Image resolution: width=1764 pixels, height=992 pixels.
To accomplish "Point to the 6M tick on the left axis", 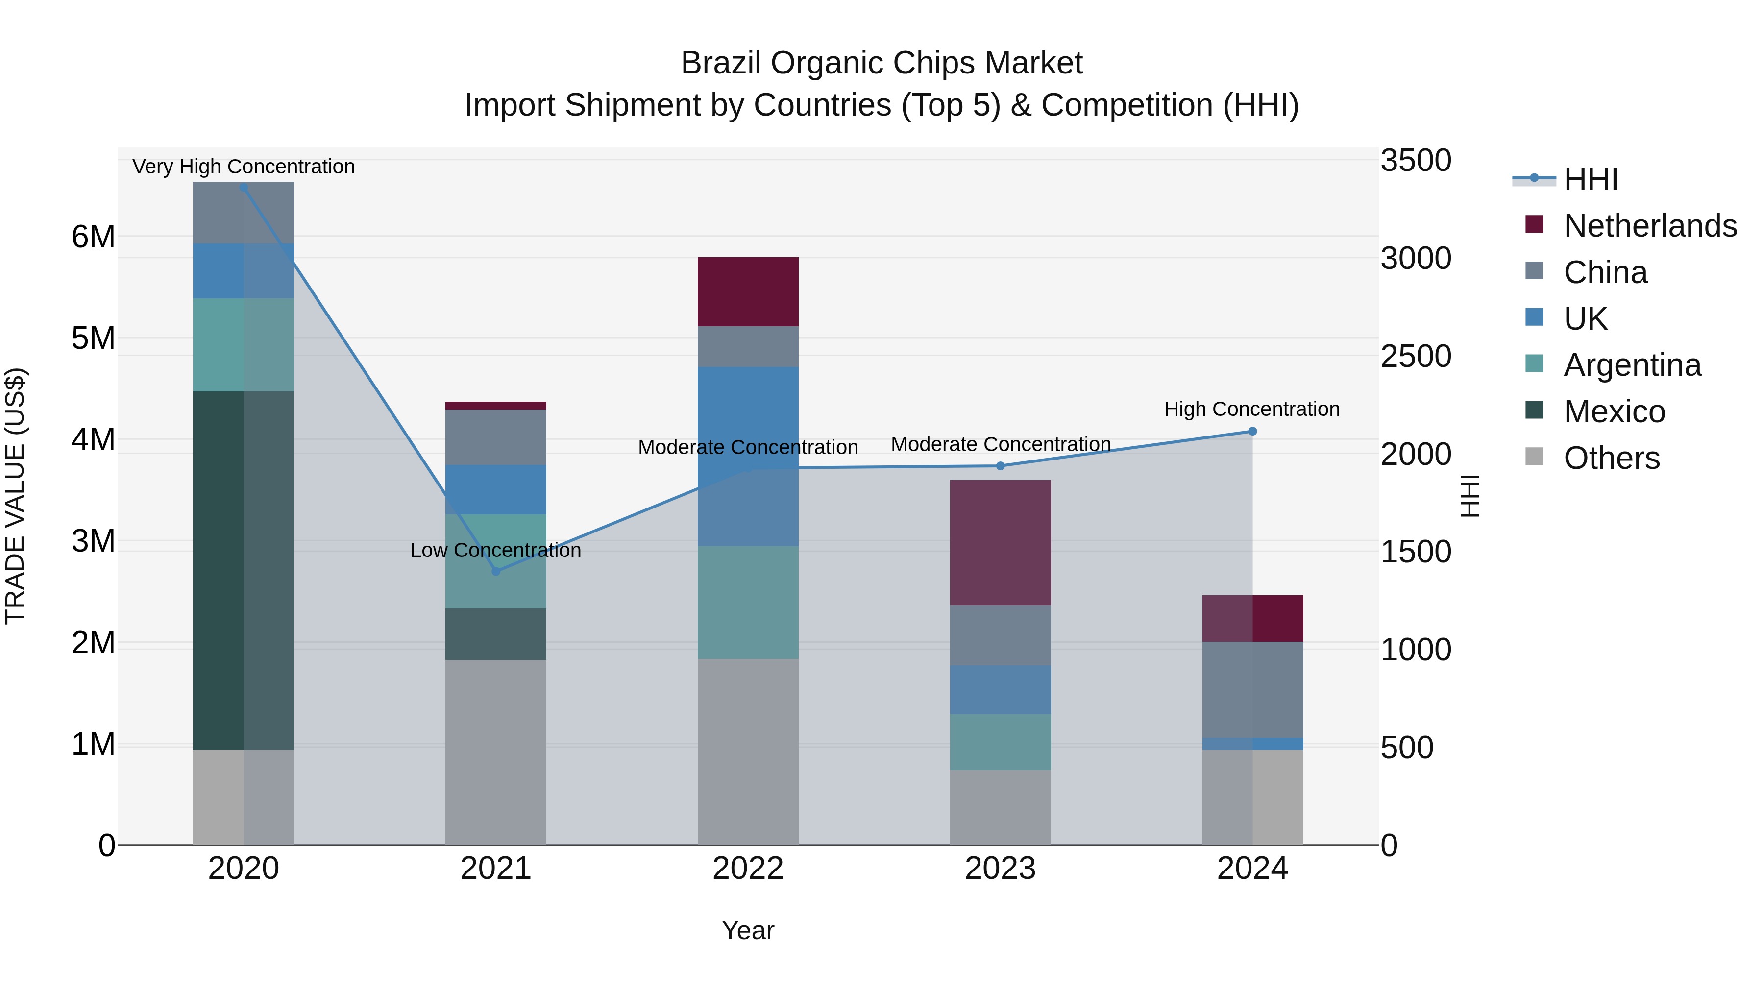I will (x=93, y=237).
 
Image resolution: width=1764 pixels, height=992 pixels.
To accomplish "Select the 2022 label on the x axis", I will (x=748, y=869).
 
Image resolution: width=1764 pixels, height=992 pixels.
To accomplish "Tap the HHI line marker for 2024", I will (x=1252, y=431).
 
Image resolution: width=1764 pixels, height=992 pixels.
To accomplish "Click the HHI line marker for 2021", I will (x=496, y=571).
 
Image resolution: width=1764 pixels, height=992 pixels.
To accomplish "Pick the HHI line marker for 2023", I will (x=1001, y=466).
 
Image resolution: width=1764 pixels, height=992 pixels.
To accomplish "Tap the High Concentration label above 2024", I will (x=1252, y=410).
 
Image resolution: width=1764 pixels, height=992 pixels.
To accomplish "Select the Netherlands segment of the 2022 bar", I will (x=748, y=291).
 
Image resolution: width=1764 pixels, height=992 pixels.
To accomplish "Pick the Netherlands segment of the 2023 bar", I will (x=1001, y=543).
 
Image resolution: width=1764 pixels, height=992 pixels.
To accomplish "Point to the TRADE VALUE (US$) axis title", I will (x=15, y=496).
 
